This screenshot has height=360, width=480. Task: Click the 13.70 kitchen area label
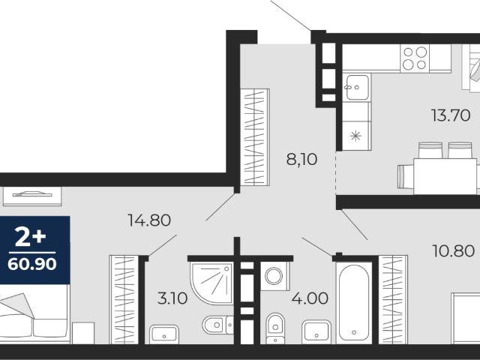tap(450, 115)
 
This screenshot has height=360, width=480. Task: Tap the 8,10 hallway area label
tap(301, 159)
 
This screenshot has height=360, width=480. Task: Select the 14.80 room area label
tap(149, 220)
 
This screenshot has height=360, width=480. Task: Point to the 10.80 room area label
tap(454, 251)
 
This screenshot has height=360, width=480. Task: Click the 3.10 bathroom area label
tap(172, 298)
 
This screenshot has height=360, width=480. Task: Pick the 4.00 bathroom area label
tap(310, 298)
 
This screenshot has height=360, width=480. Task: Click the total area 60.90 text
tap(32, 264)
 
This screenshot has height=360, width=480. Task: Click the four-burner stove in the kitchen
tap(415, 58)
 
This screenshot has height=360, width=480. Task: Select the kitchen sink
tap(357, 87)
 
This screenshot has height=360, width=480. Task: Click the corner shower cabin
tap(211, 283)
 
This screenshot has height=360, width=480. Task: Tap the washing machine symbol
tap(274, 276)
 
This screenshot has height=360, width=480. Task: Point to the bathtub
tap(354, 303)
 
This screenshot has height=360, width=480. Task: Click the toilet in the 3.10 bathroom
tap(217, 325)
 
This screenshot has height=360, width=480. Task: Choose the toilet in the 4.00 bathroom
tap(275, 328)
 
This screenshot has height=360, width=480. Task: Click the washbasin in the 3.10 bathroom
tap(164, 334)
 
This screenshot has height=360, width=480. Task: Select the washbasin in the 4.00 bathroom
tap(316, 332)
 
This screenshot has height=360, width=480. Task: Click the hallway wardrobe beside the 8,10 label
tap(255, 137)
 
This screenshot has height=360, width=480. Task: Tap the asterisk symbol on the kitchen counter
tap(355, 136)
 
